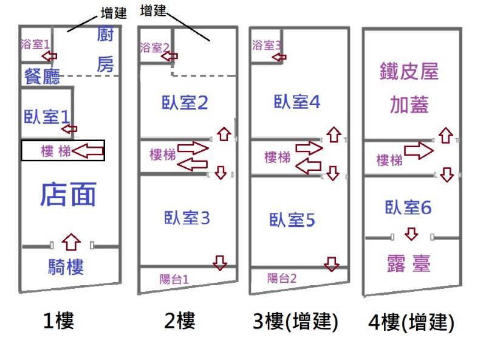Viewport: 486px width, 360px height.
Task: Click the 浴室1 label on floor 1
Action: [x=35, y=44]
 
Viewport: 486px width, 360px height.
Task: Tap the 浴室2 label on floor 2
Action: [x=155, y=47]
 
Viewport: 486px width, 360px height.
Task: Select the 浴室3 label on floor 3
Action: [x=267, y=44]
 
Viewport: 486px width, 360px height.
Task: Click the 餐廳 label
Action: [x=42, y=76]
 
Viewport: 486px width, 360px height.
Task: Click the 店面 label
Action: [x=68, y=195]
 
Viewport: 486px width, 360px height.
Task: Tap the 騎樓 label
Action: [x=66, y=266]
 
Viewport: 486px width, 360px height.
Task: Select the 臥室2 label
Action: [x=185, y=103]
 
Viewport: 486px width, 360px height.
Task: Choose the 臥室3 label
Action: [x=187, y=217]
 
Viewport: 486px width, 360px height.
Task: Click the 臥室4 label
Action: [x=296, y=102]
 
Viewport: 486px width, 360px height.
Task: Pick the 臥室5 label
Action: [x=293, y=220]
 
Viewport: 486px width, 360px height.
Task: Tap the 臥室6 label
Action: [x=408, y=207]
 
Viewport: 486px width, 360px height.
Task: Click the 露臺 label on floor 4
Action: [x=408, y=264]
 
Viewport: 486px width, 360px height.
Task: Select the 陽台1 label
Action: [x=174, y=279]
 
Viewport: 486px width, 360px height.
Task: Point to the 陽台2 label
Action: [x=282, y=279]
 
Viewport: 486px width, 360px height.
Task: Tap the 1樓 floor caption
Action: [x=58, y=320]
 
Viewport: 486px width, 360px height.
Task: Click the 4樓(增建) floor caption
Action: [x=411, y=322]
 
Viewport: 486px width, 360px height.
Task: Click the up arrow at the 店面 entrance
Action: [x=72, y=242]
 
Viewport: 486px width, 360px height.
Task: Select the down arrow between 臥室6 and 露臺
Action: [x=411, y=234]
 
